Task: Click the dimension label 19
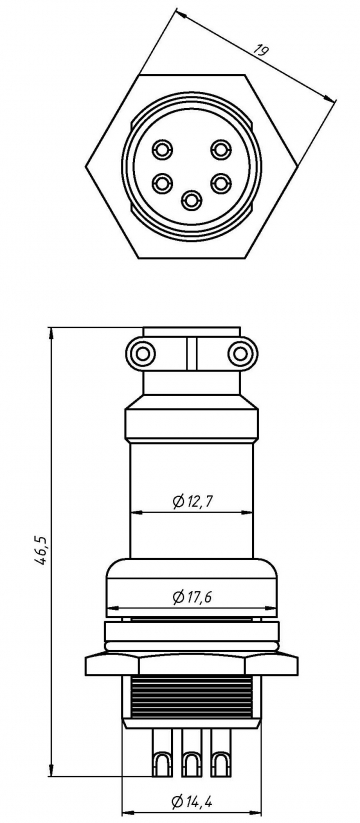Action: pos(263,51)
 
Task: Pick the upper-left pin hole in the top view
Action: pos(162,150)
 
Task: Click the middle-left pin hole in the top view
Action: pos(159,184)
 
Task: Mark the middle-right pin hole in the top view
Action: pos(222,184)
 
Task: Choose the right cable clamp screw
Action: pos(238,353)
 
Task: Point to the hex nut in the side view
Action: pos(190,664)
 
